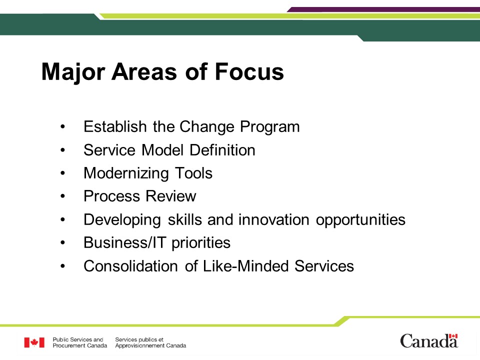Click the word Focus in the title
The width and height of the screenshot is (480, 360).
tap(249, 72)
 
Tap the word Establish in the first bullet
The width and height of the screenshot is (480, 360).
tap(115, 126)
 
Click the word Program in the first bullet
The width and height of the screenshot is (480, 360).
tap(269, 127)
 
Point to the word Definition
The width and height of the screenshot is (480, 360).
tap(222, 150)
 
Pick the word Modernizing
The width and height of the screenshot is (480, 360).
tap(126, 174)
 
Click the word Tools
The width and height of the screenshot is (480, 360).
tap(193, 173)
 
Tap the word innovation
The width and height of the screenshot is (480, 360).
tap(274, 219)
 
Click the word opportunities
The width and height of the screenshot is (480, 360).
tap(360, 220)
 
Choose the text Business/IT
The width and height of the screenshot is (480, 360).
tap(124, 243)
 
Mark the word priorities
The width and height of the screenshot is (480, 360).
tap(201, 243)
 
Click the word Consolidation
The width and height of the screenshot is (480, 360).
tap(130, 265)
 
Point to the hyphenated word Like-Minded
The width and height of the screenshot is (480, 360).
tap(246, 265)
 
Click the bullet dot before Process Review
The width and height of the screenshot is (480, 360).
tap(63, 196)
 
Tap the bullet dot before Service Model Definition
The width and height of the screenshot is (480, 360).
tap(63, 150)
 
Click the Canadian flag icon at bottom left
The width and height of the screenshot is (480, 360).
tap(34, 342)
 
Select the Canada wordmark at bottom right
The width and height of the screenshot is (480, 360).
tap(429, 341)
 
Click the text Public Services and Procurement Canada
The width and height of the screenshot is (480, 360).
tap(80, 342)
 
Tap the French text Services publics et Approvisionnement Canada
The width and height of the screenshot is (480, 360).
tap(150, 342)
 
